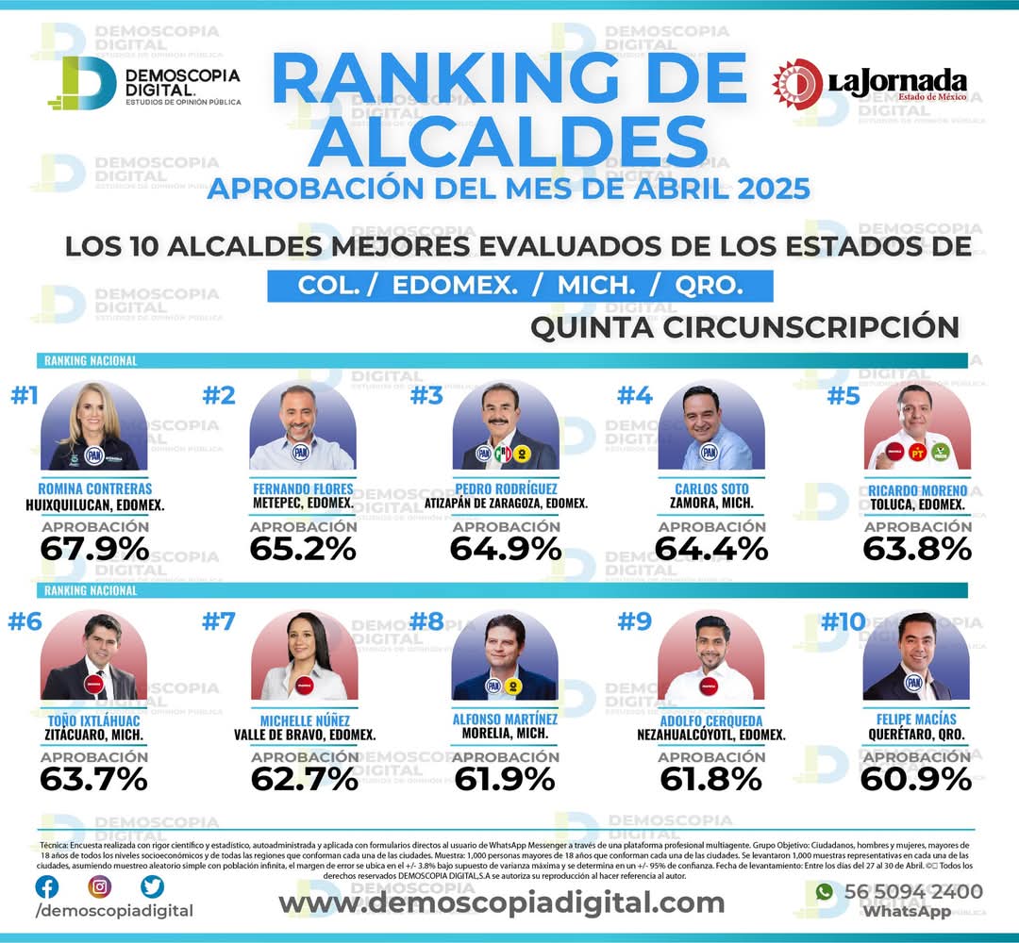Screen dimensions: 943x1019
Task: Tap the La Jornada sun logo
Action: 796,83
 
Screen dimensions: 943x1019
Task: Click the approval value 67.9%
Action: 94,548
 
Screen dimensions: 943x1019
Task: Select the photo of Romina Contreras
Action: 94,427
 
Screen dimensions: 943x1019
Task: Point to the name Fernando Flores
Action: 303,489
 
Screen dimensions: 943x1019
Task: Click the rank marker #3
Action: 426,396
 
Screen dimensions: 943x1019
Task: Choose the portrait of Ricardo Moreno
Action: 917,427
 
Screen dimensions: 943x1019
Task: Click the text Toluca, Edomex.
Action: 917,505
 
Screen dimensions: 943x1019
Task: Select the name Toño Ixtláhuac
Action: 94,720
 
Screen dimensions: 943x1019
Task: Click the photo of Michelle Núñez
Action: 303,657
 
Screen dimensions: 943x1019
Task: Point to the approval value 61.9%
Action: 505,779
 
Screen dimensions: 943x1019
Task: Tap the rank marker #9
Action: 634,621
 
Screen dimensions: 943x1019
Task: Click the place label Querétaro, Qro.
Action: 917,735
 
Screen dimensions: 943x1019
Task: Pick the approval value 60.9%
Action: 917,779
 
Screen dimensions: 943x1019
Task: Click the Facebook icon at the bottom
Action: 46,886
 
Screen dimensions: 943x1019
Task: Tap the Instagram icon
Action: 99,886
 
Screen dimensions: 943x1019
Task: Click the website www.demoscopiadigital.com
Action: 501,902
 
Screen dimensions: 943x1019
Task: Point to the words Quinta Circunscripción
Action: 744,327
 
